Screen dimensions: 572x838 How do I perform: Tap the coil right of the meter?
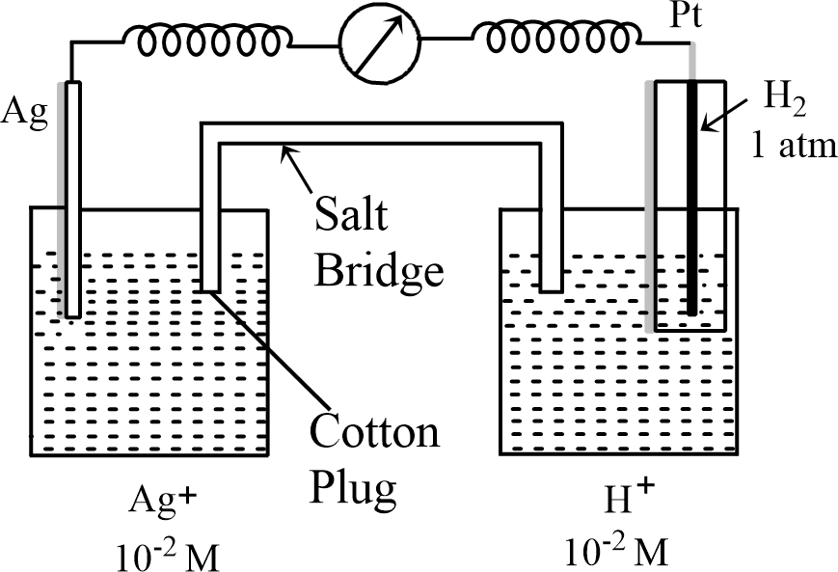pyautogui.click(x=549, y=40)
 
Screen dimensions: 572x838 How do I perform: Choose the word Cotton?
pyautogui.click(x=374, y=431)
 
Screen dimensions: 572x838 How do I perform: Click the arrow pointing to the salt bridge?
pyautogui.click(x=298, y=164)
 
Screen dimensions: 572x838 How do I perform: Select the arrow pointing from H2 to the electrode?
pyautogui.click(x=724, y=111)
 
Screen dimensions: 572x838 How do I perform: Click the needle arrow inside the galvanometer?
pyautogui.click(x=379, y=41)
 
